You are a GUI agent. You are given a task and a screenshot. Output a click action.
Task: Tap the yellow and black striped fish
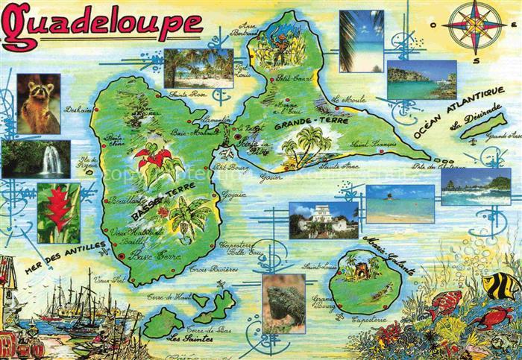pyautogui.click(x=500, y=285)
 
